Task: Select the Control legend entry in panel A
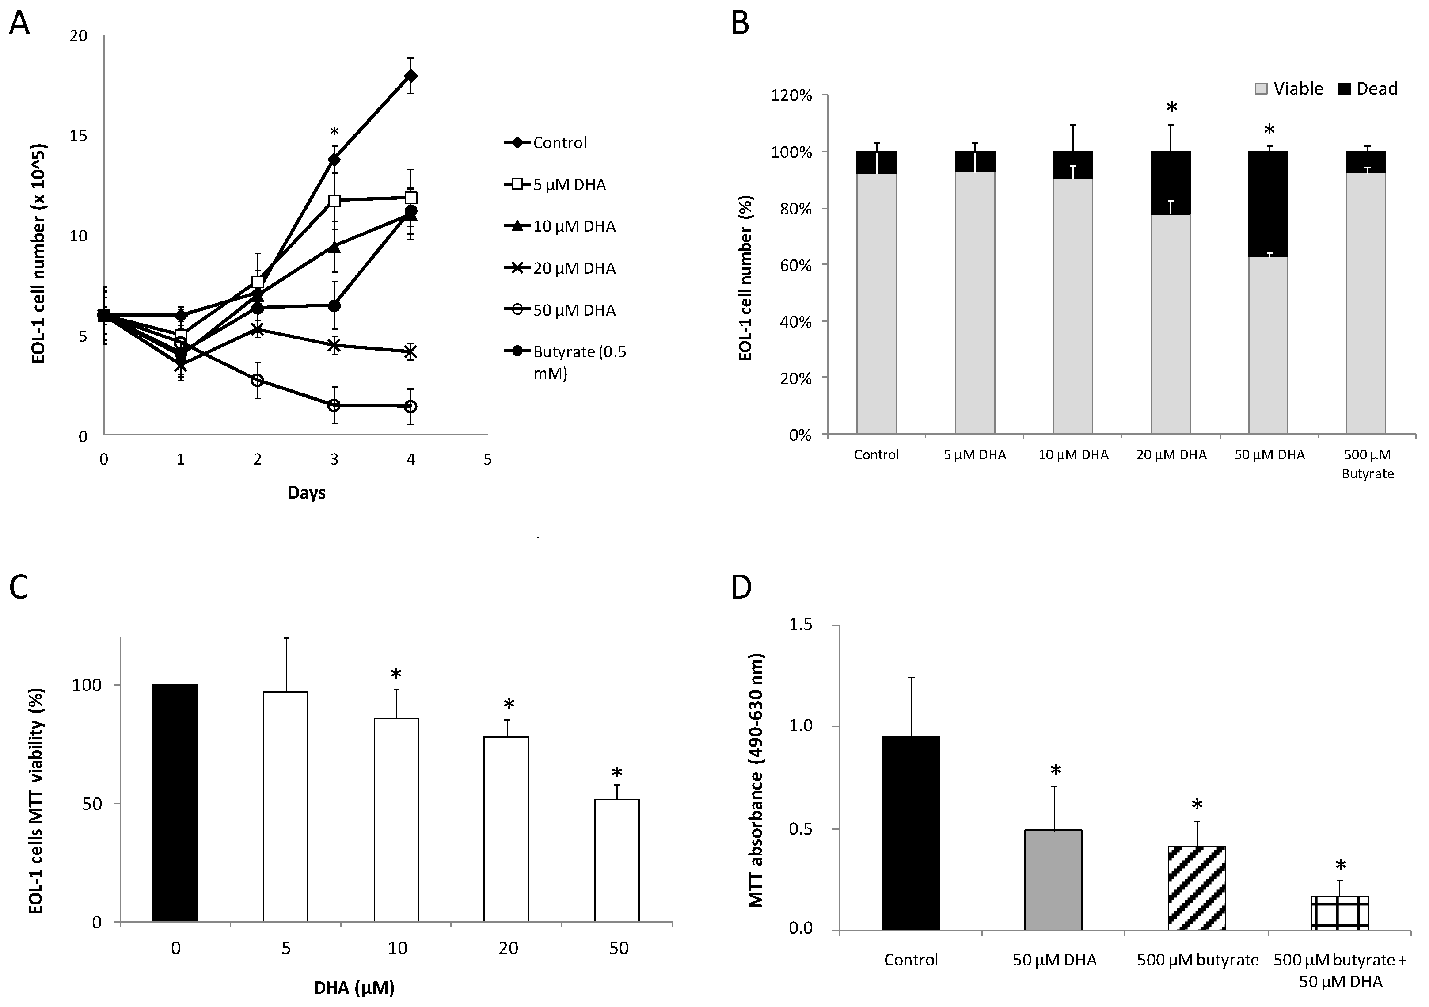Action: (559, 143)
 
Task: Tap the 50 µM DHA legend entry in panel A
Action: (573, 310)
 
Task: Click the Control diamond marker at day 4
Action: (411, 76)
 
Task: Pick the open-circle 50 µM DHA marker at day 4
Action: (411, 406)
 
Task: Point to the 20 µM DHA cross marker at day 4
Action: (411, 352)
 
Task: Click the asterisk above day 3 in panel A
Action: (334, 132)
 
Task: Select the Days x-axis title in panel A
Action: (306, 493)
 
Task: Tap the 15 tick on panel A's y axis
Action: (78, 136)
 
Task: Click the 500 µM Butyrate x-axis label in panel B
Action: (1368, 464)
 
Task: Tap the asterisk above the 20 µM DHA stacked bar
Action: (1171, 108)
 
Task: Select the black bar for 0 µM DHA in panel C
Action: (175, 803)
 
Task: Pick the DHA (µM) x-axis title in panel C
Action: (353, 988)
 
